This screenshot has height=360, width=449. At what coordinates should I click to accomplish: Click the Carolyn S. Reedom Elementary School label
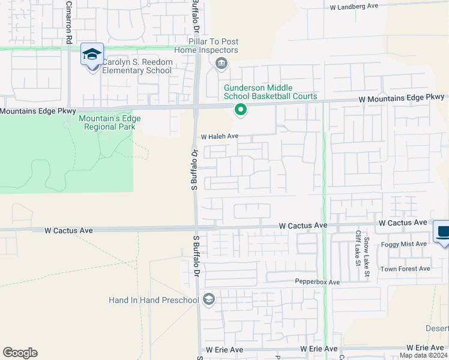coord(137,66)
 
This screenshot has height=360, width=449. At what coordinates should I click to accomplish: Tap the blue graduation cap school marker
coord(92,55)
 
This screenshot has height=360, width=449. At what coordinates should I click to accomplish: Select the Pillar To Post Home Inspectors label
coord(206,46)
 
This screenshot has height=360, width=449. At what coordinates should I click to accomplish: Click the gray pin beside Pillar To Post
coord(221,63)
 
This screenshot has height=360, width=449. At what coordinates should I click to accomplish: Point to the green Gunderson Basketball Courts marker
coord(240,109)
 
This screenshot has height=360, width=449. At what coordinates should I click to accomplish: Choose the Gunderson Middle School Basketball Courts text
coord(270,92)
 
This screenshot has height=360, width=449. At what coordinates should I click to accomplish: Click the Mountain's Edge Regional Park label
coord(109,122)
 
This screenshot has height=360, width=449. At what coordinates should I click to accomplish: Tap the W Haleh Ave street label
coord(220,137)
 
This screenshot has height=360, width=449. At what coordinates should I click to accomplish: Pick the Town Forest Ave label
coord(405,269)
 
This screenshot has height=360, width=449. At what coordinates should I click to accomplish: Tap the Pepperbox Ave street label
coord(318,282)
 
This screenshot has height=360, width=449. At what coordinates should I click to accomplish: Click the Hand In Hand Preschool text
coord(154,300)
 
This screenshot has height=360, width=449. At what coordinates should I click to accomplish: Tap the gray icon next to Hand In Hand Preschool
coord(209,299)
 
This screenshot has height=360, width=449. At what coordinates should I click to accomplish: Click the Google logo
coord(20,353)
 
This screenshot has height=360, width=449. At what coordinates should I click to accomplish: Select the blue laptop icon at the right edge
coord(443,232)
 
